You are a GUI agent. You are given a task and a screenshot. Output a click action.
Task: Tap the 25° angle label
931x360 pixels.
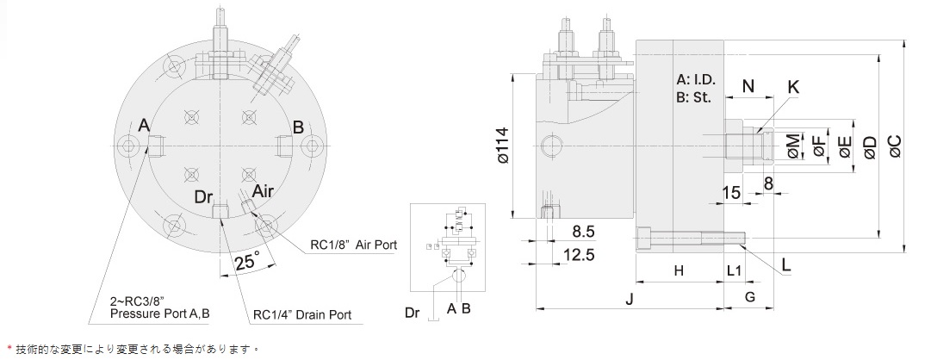[x=246, y=261]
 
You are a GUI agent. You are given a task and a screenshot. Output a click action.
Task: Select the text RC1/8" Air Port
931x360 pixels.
[x=354, y=245]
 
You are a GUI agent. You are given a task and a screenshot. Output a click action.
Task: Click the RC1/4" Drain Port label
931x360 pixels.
[x=302, y=315]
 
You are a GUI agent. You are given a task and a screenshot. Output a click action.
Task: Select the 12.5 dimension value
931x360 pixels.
[x=579, y=255]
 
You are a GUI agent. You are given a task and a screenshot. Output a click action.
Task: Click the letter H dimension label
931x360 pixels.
[x=680, y=271]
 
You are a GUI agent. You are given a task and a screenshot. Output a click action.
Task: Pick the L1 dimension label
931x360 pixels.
[x=735, y=271]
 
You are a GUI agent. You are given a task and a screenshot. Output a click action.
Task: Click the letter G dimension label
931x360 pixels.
[x=750, y=296]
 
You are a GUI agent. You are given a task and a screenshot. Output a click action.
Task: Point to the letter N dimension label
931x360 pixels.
[x=748, y=86]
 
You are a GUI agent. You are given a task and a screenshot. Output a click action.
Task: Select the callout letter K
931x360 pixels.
[x=793, y=87]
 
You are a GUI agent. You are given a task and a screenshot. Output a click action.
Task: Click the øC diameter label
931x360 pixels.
[x=895, y=146]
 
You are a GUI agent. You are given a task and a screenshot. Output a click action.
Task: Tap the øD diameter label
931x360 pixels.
[x=869, y=146]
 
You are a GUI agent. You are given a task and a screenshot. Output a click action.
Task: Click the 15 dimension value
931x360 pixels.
[x=731, y=192]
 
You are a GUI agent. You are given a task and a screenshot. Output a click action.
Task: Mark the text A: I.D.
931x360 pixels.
[x=696, y=80]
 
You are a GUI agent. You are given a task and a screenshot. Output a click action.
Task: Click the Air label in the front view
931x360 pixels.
[x=262, y=190]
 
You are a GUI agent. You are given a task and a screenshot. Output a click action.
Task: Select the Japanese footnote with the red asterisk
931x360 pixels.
[x=133, y=349]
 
